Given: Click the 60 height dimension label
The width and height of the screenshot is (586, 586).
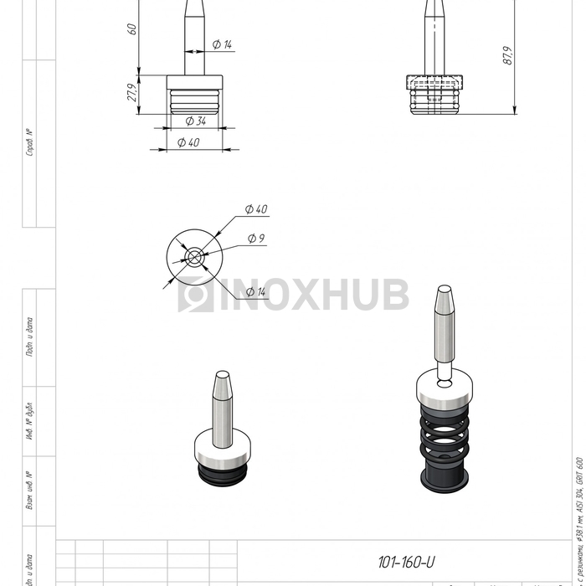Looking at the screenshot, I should [x=131, y=28].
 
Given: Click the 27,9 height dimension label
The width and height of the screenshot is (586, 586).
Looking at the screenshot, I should [x=131, y=93].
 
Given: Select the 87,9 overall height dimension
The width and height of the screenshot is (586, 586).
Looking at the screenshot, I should [x=506, y=56].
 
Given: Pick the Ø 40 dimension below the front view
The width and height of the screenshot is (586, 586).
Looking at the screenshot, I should [x=188, y=142].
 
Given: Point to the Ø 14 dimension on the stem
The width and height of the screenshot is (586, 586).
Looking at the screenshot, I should [x=222, y=44].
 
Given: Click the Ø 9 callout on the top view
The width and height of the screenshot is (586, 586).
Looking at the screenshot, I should [x=256, y=239].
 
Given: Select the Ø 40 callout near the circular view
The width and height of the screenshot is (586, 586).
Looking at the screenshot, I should [x=256, y=208].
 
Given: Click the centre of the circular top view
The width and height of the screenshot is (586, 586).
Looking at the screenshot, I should [x=194, y=257].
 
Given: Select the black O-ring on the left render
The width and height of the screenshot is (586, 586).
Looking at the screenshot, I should [x=222, y=475].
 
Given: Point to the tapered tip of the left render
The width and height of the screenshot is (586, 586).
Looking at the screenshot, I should [x=222, y=386].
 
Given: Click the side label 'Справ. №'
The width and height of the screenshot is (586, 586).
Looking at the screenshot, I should [x=30, y=143].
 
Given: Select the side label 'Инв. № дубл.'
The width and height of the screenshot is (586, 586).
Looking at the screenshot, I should [x=30, y=423].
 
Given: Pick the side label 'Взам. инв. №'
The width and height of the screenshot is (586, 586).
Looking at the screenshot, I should [x=30, y=491].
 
